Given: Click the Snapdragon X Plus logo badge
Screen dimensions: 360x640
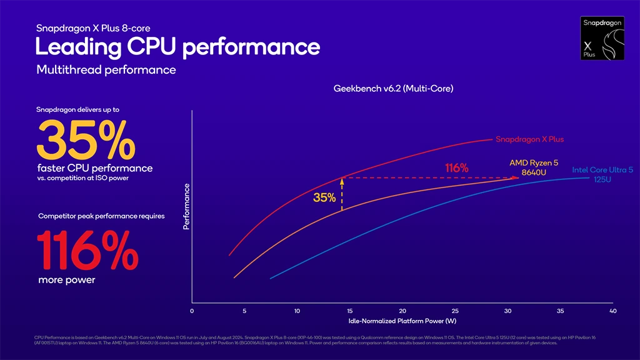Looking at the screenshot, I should pyautogui.click(x=603, y=39).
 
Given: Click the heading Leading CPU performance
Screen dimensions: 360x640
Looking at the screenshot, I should pyautogui.click(x=177, y=47).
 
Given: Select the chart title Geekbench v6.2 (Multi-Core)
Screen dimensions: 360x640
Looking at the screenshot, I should pyautogui.click(x=393, y=89).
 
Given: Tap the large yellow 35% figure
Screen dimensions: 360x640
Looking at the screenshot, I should pyautogui.click(x=86, y=139).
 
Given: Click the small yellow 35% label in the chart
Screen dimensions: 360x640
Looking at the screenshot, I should pyautogui.click(x=324, y=198).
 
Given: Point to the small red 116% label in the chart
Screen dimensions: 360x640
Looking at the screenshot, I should pyautogui.click(x=456, y=168).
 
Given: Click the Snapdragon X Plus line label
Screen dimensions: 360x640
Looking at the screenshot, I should pyautogui.click(x=529, y=139).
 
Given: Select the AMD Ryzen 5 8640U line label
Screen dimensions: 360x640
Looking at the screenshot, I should pyautogui.click(x=533, y=167).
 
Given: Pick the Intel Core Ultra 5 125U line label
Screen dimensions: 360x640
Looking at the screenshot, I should pyautogui.click(x=602, y=174).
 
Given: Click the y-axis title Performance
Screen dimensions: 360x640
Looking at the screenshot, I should pyautogui.click(x=186, y=206).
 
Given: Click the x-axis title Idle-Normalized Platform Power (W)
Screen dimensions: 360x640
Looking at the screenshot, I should pyautogui.click(x=402, y=321).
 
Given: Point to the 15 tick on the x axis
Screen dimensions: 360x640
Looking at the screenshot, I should pyautogui.click(x=349, y=311).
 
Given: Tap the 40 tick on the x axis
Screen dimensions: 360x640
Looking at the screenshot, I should pyautogui.click(x=612, y=311).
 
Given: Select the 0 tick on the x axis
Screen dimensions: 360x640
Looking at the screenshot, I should pyautogui.click(x=192, y=311).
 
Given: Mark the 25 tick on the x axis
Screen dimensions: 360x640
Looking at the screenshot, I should pyautogui.click(x=455, y=311).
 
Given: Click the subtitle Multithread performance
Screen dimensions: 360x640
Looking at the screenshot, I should pyautogui.click(x=106, y=70).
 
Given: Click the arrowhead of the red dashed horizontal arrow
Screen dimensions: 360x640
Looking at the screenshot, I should pyautogui.click(x=516, y=177).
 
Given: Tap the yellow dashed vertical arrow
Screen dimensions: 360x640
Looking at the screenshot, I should pyautogui.click(x=342, y=194).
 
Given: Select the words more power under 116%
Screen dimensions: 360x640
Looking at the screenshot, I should pyautogui.click(x=67, y=280).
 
